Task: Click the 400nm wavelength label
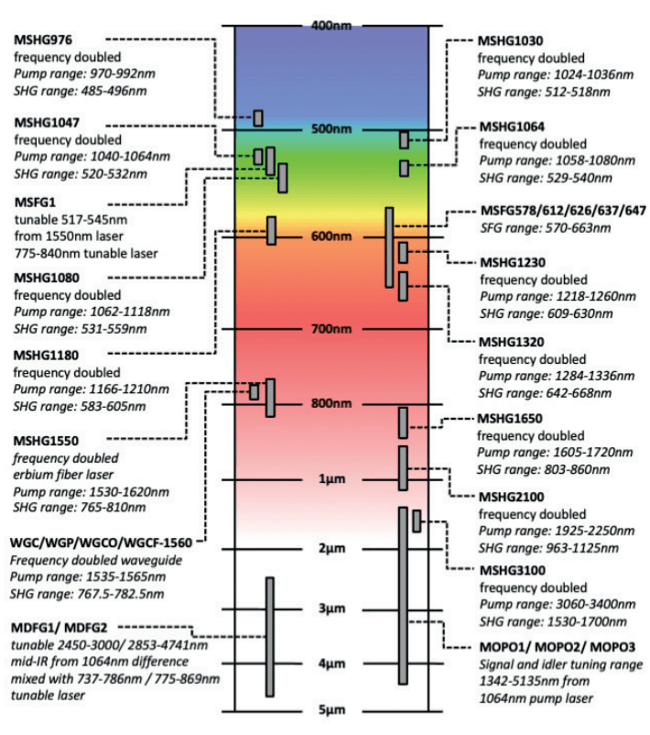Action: pos(331,25)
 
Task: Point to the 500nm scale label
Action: pos(331,129)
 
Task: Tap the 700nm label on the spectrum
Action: pos(331,328)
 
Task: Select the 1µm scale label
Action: pos(331,479)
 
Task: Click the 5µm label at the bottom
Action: pos(331,710)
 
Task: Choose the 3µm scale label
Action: pos(331,609)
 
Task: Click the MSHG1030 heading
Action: pos(511,41)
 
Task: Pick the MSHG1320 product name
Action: pos(511,341)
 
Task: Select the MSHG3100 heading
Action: pos(511,570)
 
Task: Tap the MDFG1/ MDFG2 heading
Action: pos(66,629)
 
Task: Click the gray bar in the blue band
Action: pos(258,117)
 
